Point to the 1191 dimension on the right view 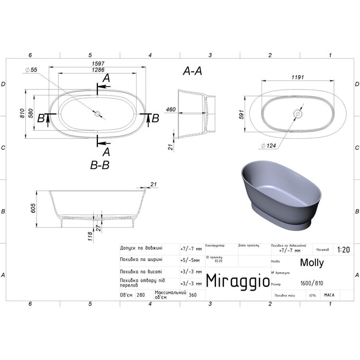(x=298, y=77)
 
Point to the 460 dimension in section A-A (x=170, y=110)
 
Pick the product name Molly (x=312, y=262)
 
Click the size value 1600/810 (x=311, y=283)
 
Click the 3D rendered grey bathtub (x=275, y=193)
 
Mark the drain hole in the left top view (x=97, y=113)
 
